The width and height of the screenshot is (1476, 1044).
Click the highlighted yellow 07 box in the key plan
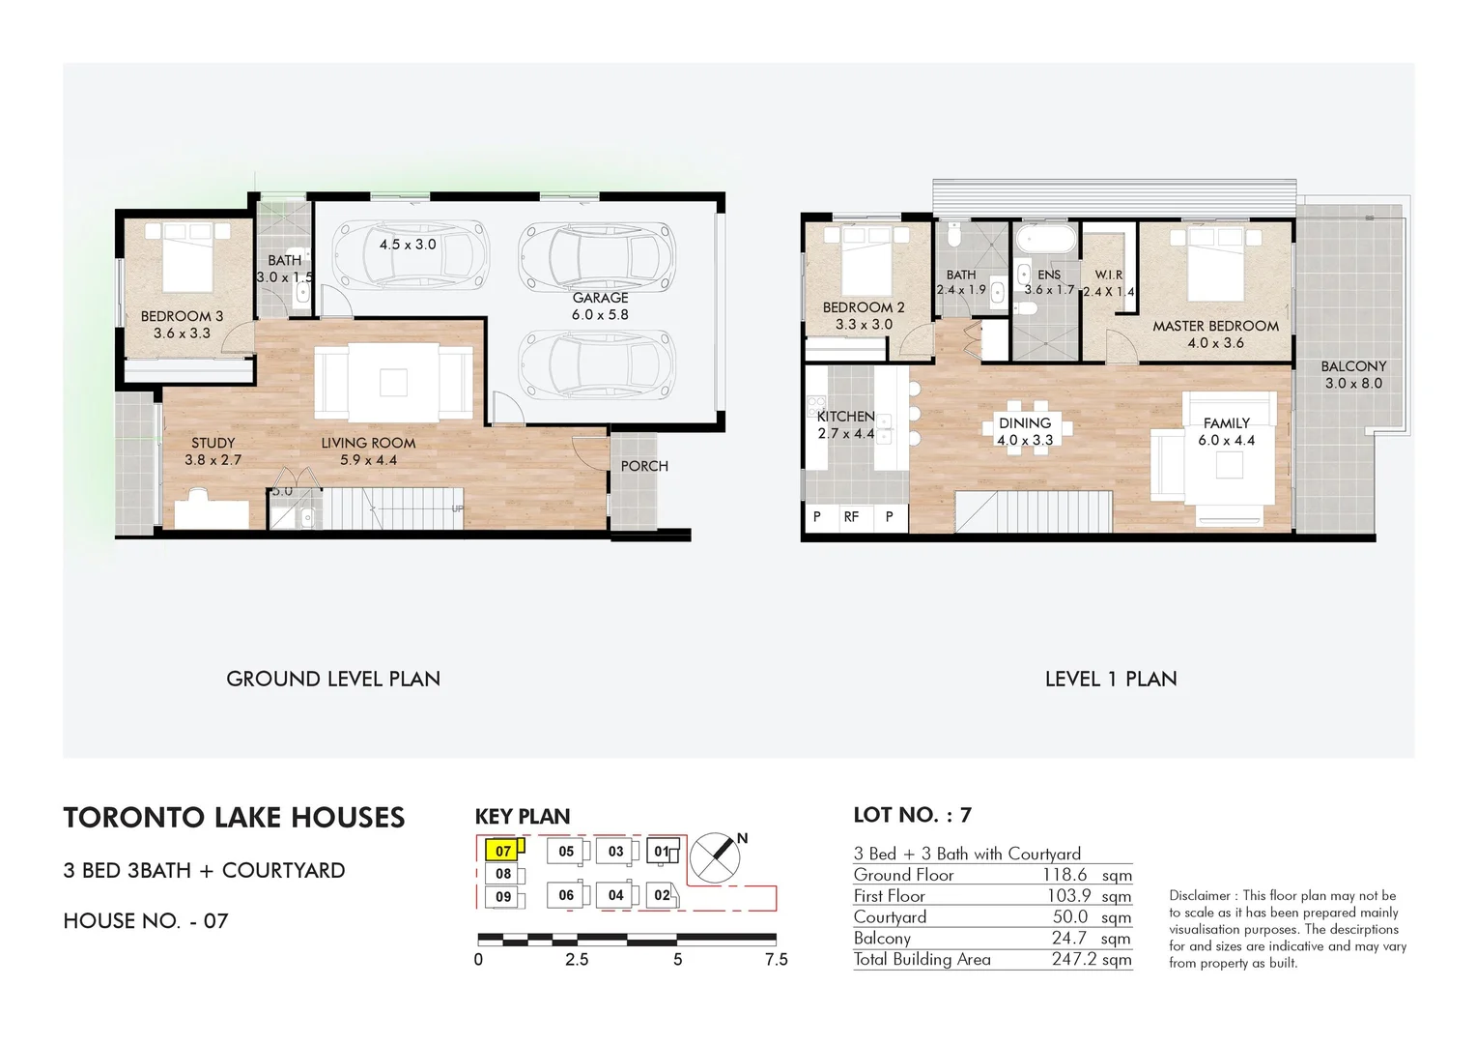[x=503, y=851]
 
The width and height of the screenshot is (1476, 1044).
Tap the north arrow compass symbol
[x=716, y=856]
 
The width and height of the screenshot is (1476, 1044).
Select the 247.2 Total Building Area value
[x=1091, y=959]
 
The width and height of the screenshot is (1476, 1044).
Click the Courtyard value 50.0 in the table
[x=1069, y=916]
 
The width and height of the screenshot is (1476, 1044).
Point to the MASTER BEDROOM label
[x=1215, y=327]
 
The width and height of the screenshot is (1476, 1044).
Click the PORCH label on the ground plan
[x=644, y=466]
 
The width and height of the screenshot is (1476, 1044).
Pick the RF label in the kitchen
[x=851, y=517]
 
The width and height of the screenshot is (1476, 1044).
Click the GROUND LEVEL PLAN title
[x=333, y=679]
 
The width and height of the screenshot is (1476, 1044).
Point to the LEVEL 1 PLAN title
[x=1111, y=679]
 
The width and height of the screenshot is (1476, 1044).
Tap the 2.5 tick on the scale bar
[x=577, y=959]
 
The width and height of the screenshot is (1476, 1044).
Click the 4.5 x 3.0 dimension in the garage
[x=407, y=245]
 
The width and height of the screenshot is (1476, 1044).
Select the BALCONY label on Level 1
[x=1353, y=366]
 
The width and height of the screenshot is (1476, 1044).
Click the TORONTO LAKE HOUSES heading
[x=234, y=818]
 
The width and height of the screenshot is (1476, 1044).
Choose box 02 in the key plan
[x=663, y=895]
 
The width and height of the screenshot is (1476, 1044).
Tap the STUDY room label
[x=213, y=443]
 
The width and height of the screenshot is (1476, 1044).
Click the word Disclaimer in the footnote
[x=1200, y=895]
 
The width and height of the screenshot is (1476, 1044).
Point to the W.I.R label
[x=1108, y=275]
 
